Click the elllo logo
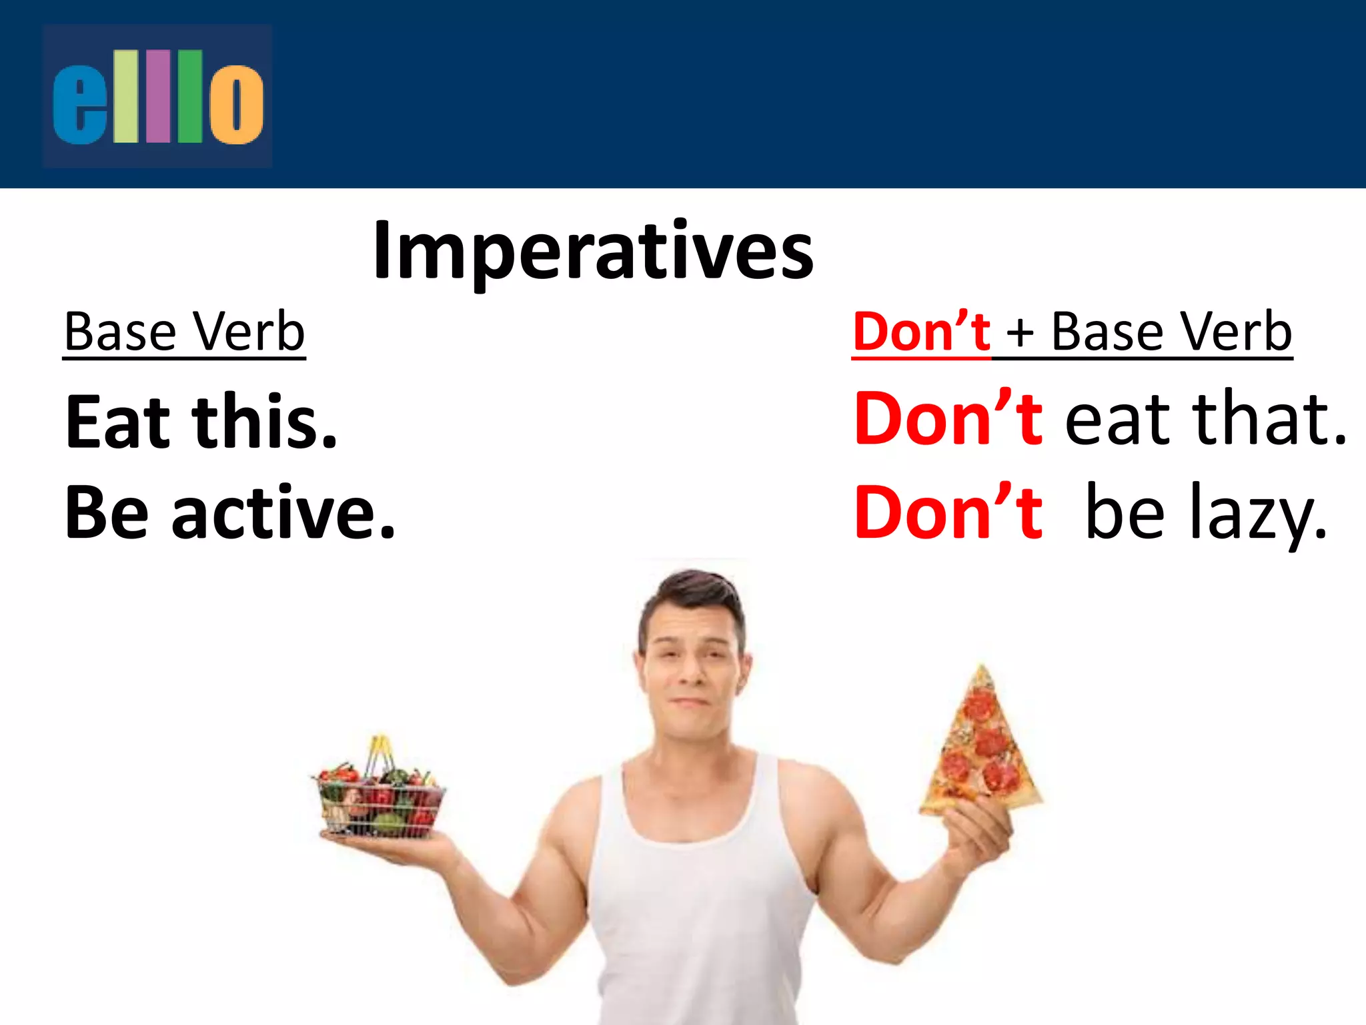click(157, 96)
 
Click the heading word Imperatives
click(593, 251)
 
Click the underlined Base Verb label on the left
click(184, 332)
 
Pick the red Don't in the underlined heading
click(921, 332)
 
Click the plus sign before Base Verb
click(1020, 334)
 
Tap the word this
click(265, 422)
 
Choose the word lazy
click(1257, 514)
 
